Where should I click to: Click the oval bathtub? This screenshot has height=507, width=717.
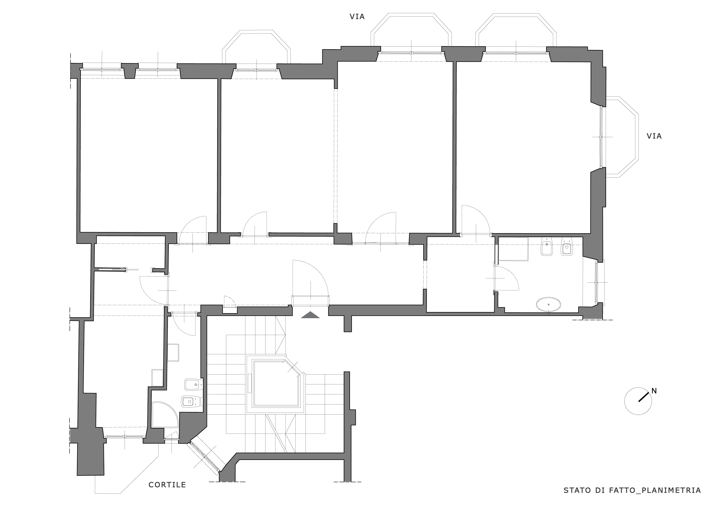(548, 304)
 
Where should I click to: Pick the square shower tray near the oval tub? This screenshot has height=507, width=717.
(513, 249)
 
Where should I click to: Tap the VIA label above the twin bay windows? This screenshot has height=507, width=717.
(357, 17)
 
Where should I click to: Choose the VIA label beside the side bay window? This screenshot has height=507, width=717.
(654, 136)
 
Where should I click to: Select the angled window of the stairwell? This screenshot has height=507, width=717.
(206, 457)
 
